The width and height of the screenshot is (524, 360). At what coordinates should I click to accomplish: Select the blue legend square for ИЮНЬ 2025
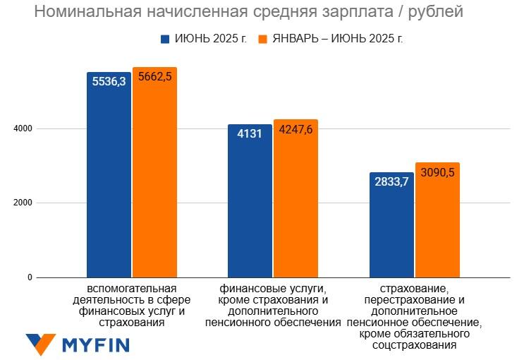pos(166,38)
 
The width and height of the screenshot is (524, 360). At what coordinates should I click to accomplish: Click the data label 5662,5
pos(154,77)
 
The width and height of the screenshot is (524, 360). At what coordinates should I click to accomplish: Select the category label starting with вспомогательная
pos(132,306)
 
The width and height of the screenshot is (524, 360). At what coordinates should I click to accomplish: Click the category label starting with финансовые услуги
pos(272,306)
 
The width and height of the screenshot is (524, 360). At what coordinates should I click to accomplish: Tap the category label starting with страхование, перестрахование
pos(414,317)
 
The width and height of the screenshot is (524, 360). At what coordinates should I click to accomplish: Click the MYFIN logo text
pos(96,345)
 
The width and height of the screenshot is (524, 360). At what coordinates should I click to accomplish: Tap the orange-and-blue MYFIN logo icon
pos(40,344)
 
